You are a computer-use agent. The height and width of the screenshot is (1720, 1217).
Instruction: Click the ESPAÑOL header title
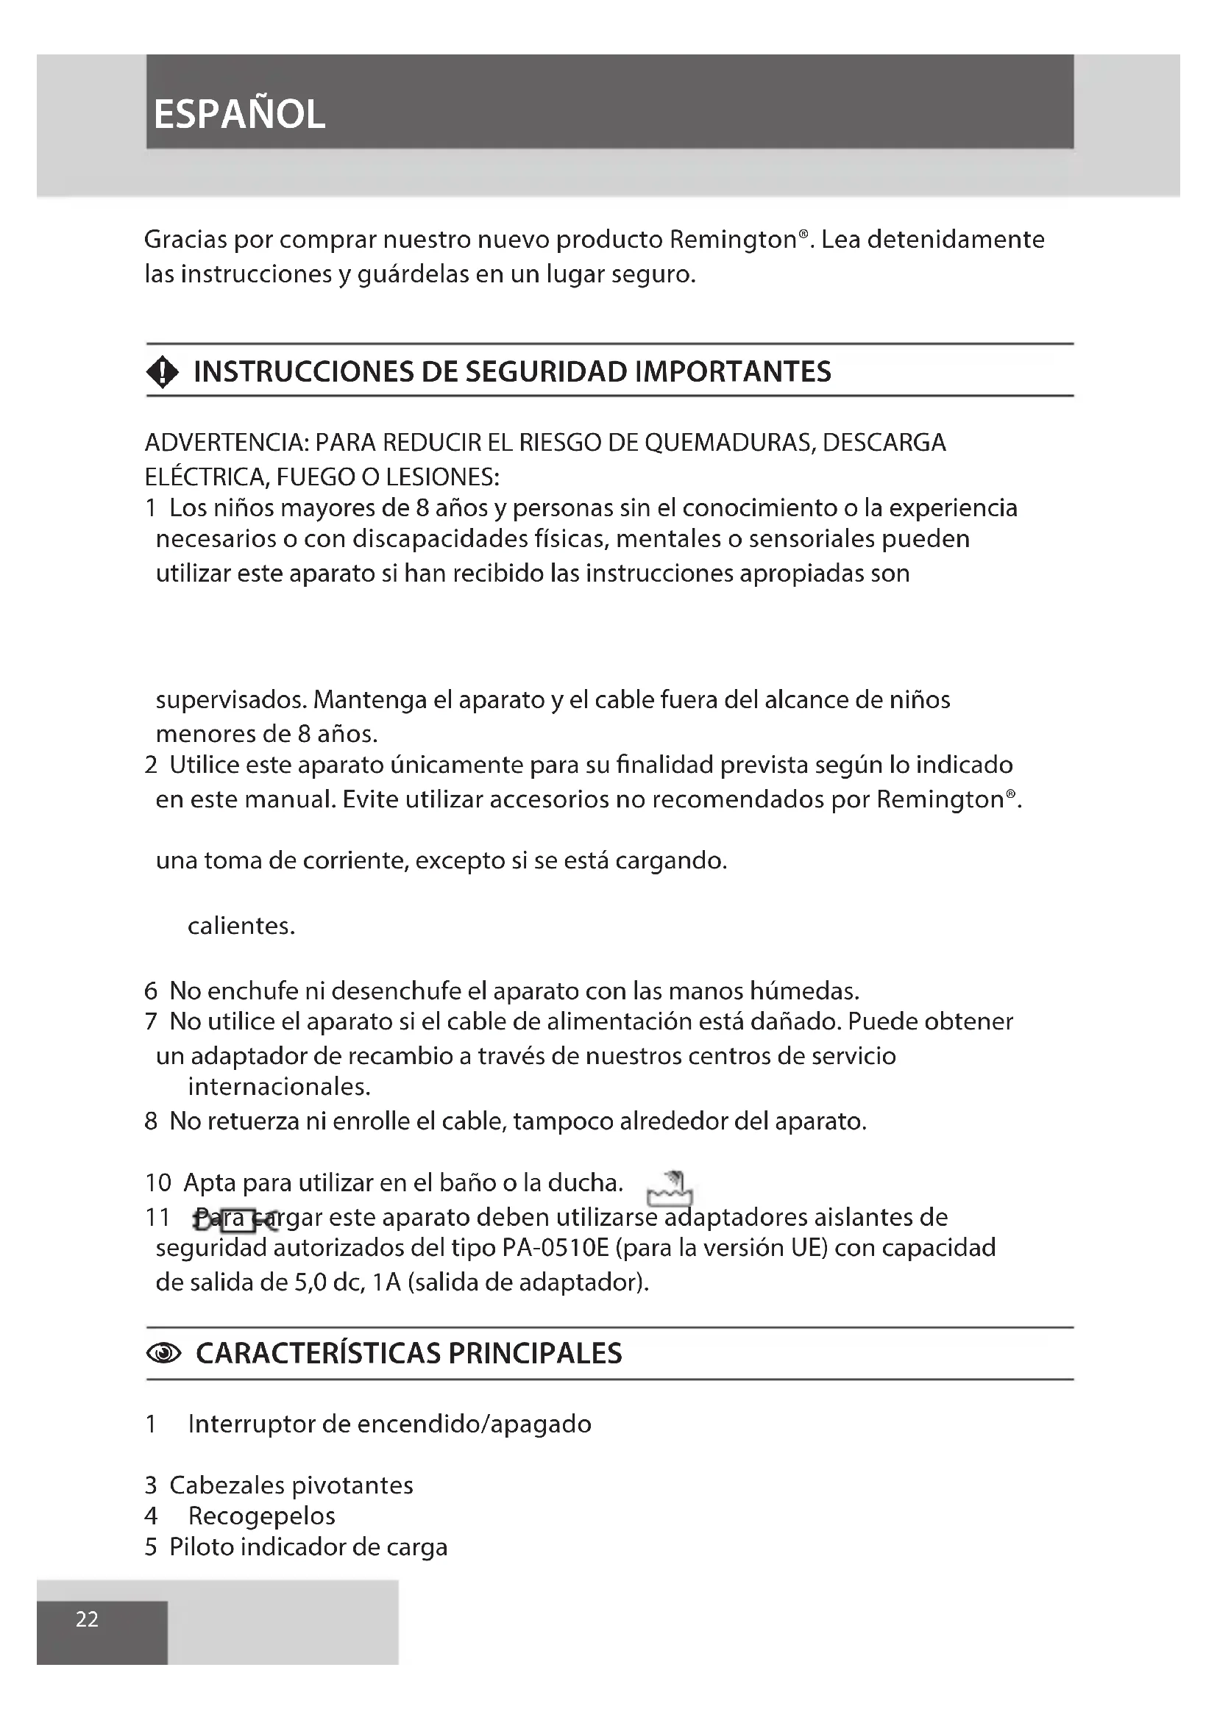click(239, 115)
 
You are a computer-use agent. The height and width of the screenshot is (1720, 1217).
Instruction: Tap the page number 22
click(87, 1619)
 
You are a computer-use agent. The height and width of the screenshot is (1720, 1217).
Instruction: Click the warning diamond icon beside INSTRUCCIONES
click(163, 371)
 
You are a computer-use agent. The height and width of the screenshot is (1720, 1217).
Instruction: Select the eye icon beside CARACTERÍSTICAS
click(163, 1353)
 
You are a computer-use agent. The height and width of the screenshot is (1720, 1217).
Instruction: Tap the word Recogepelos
click(261, 1516)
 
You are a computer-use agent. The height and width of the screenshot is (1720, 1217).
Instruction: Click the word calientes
click(241, 926)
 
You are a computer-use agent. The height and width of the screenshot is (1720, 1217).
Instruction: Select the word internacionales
click(279, 1086)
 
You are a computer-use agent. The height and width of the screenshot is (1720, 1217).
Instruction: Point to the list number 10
click(158, 1183)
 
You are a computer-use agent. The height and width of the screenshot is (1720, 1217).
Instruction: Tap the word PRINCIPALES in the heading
click(535, 1353)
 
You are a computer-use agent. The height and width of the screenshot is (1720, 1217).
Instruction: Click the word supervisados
click(231, 699)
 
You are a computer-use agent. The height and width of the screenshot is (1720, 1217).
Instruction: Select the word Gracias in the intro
click(185, 240)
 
